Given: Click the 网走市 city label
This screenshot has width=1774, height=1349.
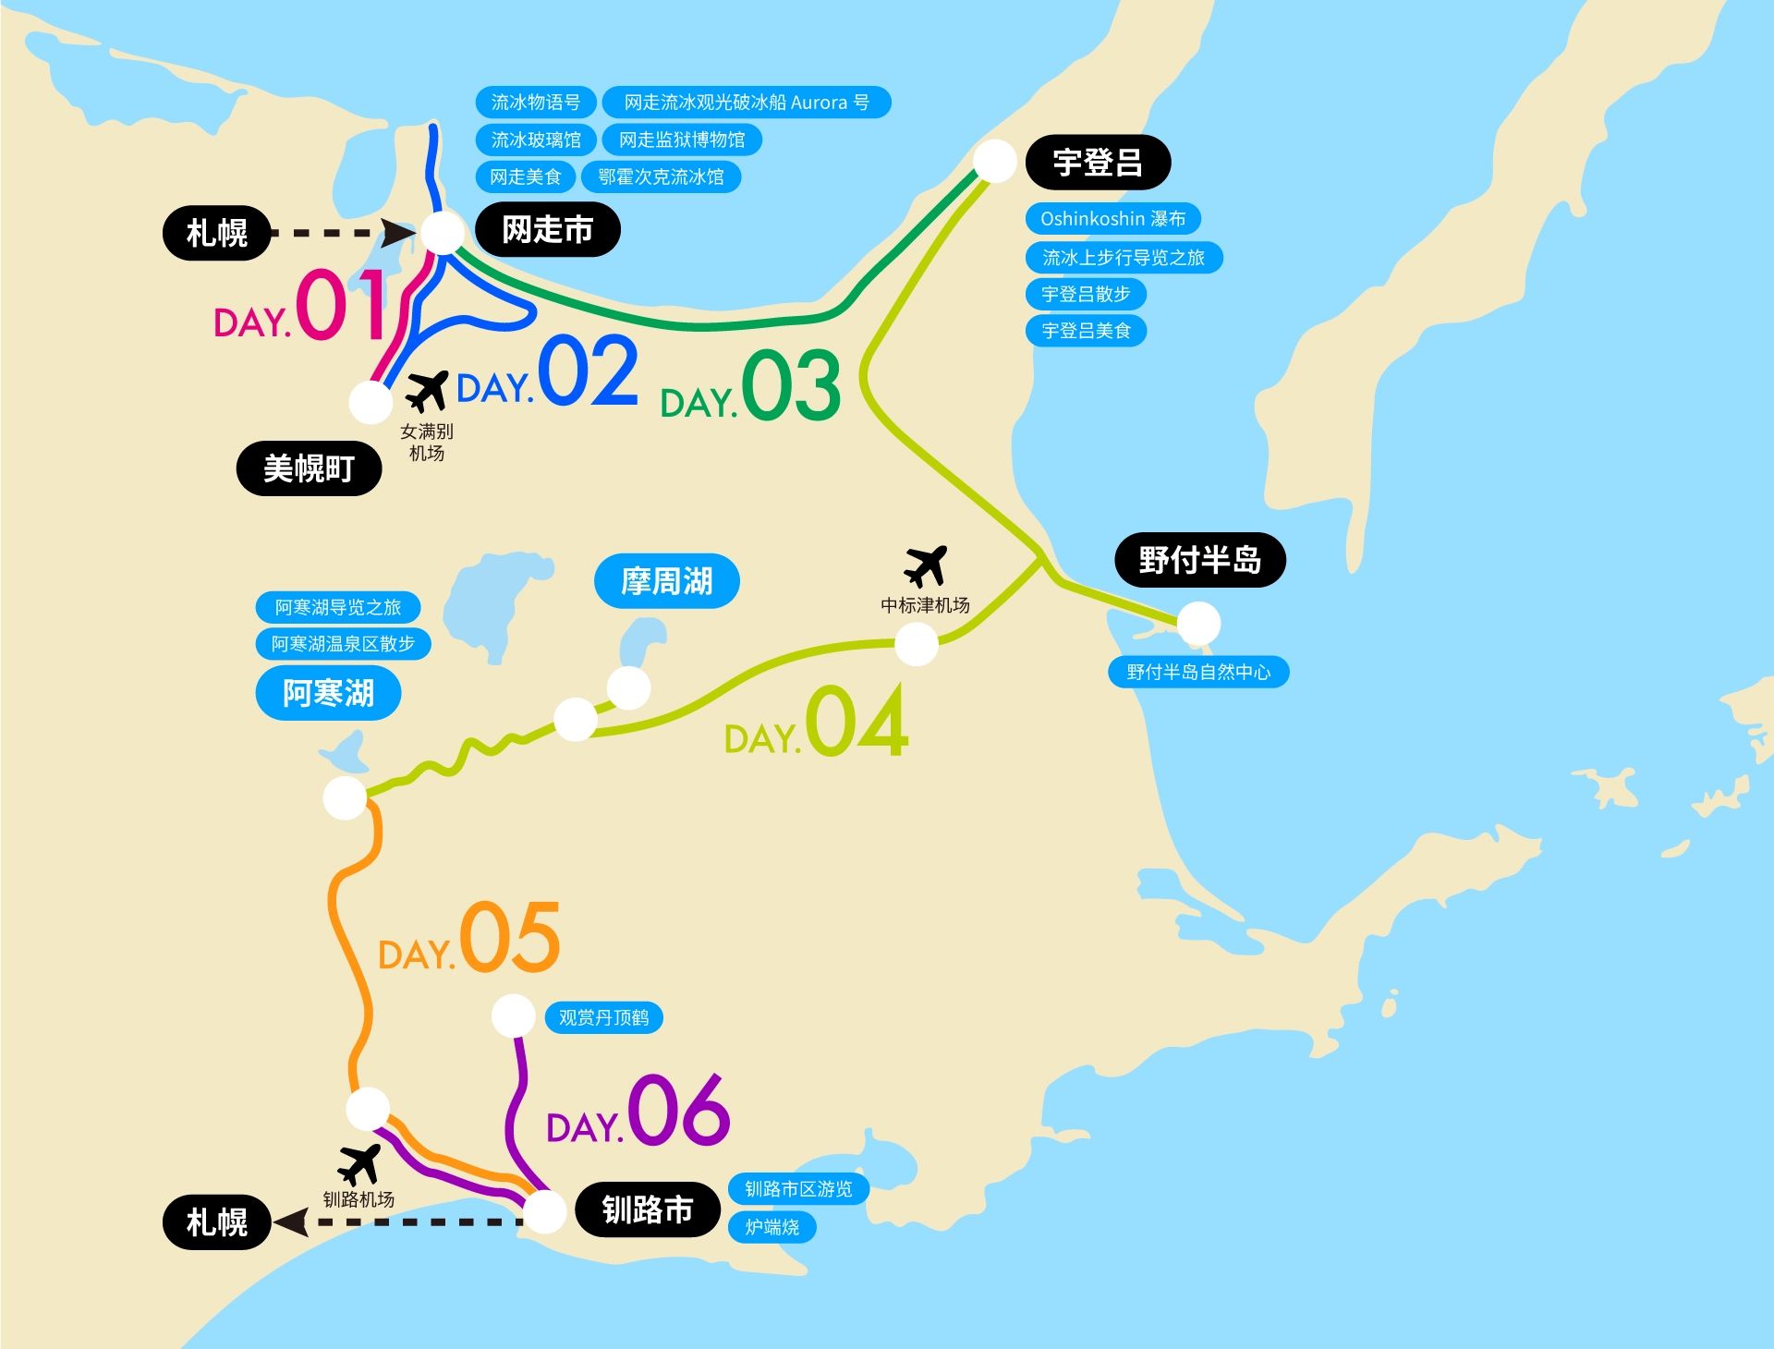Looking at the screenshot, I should (547, 230).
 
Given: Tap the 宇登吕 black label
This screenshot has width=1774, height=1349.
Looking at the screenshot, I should (1098, 163).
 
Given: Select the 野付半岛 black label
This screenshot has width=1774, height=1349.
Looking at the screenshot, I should (1199, 560).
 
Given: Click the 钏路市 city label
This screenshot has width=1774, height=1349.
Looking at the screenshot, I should (647, 1209).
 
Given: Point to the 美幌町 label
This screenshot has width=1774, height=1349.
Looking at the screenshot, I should (309, 468).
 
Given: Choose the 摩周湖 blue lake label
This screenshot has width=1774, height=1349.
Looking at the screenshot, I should (666, 581).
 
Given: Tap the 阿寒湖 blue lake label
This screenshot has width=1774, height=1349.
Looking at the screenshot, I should (328, 693).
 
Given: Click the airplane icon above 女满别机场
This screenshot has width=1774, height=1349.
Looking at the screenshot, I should (426, 391).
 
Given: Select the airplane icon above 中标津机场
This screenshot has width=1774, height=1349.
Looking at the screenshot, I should (926, 565).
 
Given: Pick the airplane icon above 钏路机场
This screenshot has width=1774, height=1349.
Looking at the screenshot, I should (358, 1164).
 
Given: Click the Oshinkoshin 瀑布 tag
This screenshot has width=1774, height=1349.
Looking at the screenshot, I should (1112, 219).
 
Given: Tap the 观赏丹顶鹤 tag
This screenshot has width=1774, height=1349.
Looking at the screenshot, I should (603, 1017).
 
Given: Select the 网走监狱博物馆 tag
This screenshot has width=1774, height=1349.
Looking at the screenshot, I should (682, 140).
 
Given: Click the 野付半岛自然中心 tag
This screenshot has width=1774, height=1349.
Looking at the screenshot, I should (1198, 672).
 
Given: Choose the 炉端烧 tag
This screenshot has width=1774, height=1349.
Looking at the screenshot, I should (772, 1227).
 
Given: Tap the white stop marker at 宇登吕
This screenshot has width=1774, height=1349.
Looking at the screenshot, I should (994, 161).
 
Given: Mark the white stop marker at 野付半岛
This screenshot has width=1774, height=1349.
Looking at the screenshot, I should (1197, 624).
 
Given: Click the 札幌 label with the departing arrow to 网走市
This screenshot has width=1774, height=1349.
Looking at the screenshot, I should (217, 233).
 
